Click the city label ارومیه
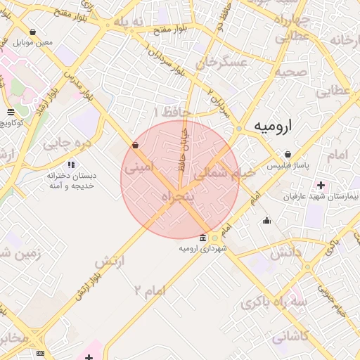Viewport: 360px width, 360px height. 272,127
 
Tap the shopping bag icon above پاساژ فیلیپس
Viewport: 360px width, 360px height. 288,154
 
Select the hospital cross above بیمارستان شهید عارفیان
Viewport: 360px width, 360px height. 321,186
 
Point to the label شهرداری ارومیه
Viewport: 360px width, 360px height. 202,248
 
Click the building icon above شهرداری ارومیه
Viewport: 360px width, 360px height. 203,238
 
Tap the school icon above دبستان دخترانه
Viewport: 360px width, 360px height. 71,165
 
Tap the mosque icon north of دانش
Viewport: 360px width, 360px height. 266,220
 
